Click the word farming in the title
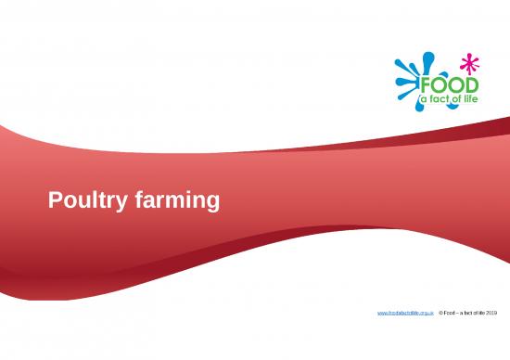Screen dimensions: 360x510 (176, 199)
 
